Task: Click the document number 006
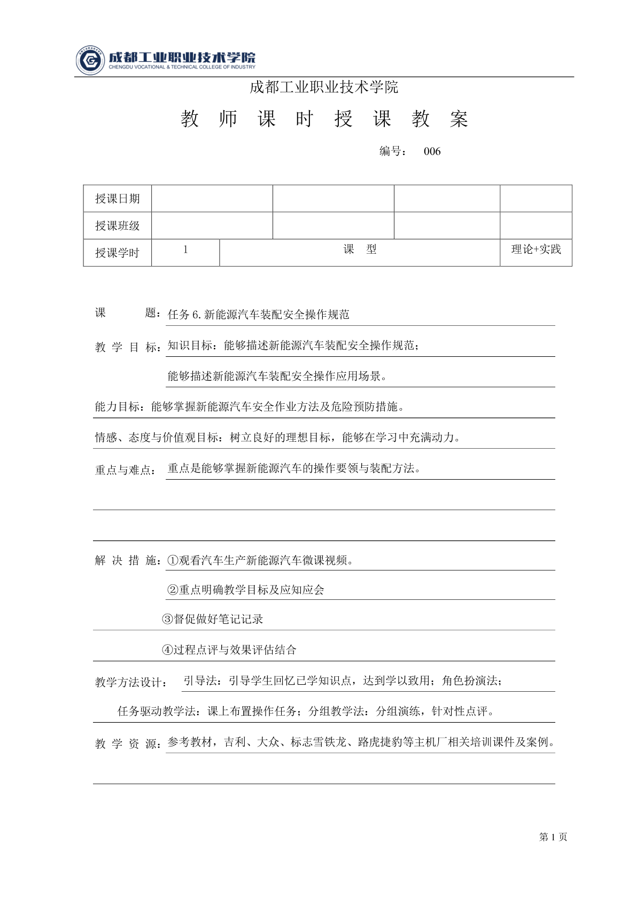click(x=432, y=152)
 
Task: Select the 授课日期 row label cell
click(x=118, y=199)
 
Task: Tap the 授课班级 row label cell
click(x=118, y=225)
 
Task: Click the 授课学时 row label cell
click(x=118, y=253)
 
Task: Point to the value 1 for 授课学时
click(x=185, y=249)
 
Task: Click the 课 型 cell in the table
click(x=360, y=249)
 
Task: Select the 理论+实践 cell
click(x=536, y=249)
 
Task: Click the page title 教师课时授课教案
click(x=324, y=120)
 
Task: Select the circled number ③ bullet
click(x=167, y=620)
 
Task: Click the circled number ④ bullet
click(x=167, y=650)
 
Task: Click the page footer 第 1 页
click(x=553, y=838)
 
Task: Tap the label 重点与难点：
click(x=126, y=471)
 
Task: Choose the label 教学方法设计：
click(x=130, y=683)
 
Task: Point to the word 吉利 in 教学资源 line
click(x=235, y=742)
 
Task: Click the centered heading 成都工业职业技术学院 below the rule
click(x=324, y=87)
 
